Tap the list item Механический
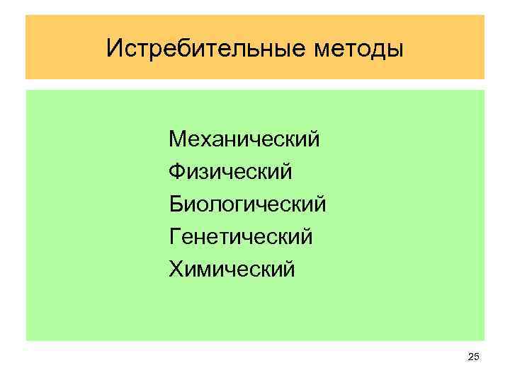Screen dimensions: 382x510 click(244, 138)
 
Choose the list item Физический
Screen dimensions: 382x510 click(231, 171)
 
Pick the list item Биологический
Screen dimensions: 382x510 click(248, 204)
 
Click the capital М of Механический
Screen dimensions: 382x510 click(177, 138)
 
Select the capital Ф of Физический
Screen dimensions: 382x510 click(177, 171)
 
